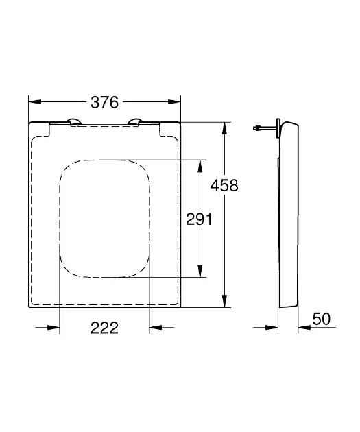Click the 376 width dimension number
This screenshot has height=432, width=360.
pyautogui.click(x=104, y=102)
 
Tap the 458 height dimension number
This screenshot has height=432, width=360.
pyautogui.click(x=224, y=185)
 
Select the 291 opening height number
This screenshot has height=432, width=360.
pyautogui.click(x=199, y=219)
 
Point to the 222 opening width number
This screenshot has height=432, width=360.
pyautogui.click(x=104, y=328)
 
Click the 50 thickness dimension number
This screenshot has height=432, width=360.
pyautogui.click(x=321, y=319)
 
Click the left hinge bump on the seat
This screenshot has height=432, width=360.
pyautogui.click(x=73, y=121)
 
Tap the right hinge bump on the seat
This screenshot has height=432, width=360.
pyautogui.click(x=135, y=121)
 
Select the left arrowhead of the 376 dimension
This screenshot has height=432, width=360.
pyautogui.click(x=35, y=102)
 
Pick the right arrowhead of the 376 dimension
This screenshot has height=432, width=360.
pyautogui.click(x=174, y=102)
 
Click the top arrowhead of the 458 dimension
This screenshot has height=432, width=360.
pyautogui.click(x=225, y=128)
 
